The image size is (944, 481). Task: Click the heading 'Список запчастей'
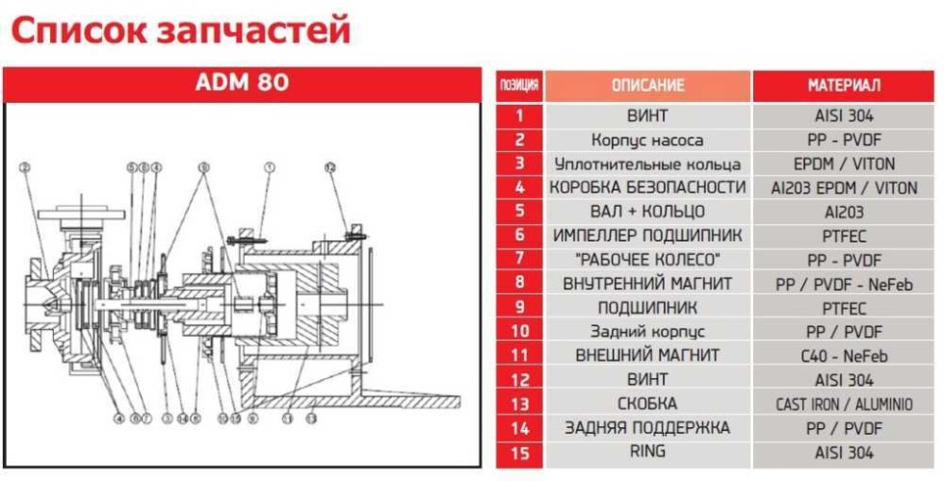pos(179,31)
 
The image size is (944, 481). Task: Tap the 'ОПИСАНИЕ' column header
pos(647,86)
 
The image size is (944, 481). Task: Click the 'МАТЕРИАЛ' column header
pos(843,86)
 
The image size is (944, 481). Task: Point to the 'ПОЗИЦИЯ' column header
pos(519,86)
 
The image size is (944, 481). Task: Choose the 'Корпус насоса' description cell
pos(647,140)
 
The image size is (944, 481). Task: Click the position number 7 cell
pos(519,260)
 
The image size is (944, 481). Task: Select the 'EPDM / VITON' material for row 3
pos(843,164)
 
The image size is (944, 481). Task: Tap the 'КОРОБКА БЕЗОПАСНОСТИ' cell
pos(647,188)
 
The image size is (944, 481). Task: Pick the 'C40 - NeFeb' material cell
pos(843,355)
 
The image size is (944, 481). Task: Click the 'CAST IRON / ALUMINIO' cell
pos(843,404)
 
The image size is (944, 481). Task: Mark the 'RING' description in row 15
pos(647,451)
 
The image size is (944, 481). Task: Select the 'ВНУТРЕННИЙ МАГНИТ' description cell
pos(647,284)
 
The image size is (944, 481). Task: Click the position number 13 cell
pos(519,404)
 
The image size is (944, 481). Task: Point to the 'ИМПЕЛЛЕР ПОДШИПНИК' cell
pos(647,236)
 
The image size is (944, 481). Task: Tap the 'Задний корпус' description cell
pos(647,332)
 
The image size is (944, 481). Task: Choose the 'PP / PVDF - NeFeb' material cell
pos(843,284)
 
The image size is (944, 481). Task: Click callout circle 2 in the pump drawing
pos(25,167)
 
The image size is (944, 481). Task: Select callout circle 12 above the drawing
pos(329,167)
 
